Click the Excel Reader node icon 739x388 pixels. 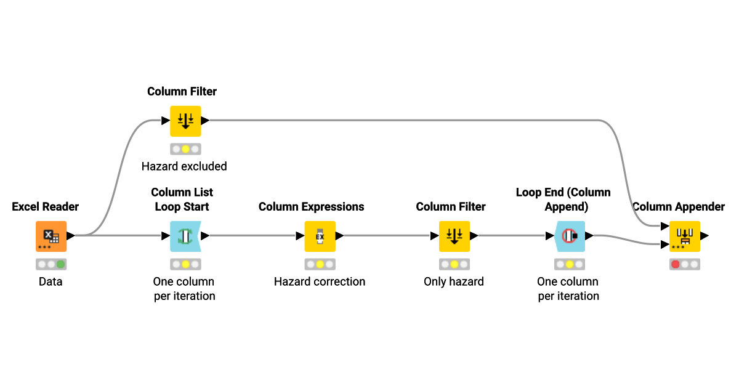pyautogui.click(x=51, y=236)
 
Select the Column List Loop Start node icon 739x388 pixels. pyautogui.click(x=185, y=236)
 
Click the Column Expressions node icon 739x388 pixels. pyautogui.click(x=320, y=236)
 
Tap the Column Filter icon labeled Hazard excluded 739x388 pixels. pyautogui.click(x=185, y=121)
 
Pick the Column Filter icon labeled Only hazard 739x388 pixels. pyautogui.click(x=454, y=236)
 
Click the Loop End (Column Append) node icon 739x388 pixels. pyautogui.click(x=568, y=236)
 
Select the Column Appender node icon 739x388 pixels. pyautogui.click(x=685, y=236)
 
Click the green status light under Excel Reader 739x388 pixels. pyautogui.click(x=61, y=264)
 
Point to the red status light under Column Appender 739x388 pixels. pyautogui.click(x=675, y=264)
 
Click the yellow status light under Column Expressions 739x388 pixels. pyautogui.click(x=320, y=264)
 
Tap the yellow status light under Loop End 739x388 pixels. pyautogui.click(x=570, y=264)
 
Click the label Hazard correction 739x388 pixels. pyautogui.click(x=320, y=281)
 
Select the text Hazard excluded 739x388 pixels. pyautogui.click(x=184, y=166)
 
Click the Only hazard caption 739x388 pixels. pyautogui.click(x=454, y=281)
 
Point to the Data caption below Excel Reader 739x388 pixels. pyautogui.click(x=50, y=281)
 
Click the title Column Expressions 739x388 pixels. pyautogui.click(x=311, y=206)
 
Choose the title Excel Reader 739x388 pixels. pyautogui.click(x=46, y=206)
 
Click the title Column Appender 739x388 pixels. pyautogui.click(x=679, y=206)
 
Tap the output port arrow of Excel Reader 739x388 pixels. pyautogui.click(x=71, y=235)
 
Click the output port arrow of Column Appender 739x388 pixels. pyautogui.click(x=705, y=235)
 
